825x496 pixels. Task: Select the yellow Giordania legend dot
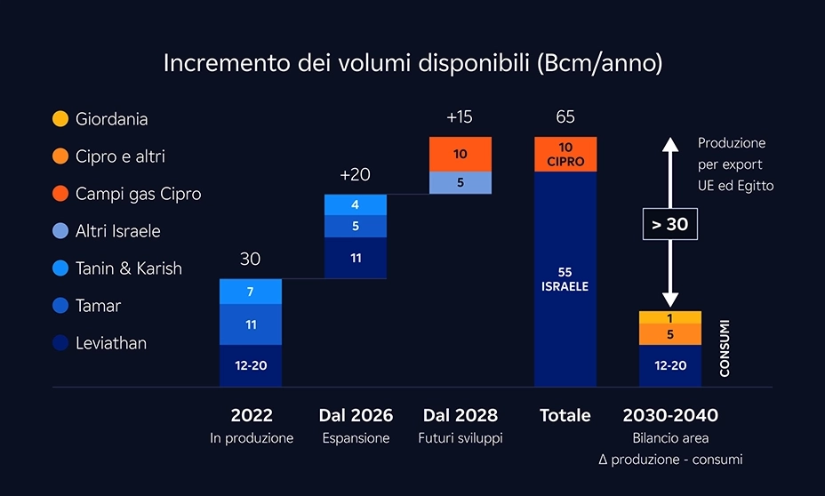(x=60, y=118)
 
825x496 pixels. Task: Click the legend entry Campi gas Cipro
(x=138, y=194)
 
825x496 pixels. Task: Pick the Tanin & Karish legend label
(x=128, y=268)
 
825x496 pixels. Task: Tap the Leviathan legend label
(x=111, y=343)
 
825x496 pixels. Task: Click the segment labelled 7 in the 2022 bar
(x=251, y=292)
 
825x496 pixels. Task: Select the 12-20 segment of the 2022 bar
(x=251, y=365)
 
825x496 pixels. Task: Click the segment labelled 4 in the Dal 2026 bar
(x=356, y=204)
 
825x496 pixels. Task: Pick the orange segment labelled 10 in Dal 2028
(x=461, y=154)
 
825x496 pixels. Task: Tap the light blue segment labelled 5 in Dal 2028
(x=461, y=182)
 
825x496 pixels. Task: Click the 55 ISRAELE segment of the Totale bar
(x=565, y=278)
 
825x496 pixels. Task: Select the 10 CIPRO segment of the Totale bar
(x=565, y=154)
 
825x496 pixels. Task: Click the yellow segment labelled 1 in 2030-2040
(x=670, y=317)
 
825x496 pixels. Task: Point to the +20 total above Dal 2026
(x=356, y=175)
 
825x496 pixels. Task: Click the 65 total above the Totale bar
(x=565, y=117)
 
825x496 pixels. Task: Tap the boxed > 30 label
(x=670, y=224)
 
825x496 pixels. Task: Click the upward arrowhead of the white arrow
(x=670, y=143)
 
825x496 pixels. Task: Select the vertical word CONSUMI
(x=725, y=348)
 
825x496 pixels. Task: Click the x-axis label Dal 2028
(x=461, y=415)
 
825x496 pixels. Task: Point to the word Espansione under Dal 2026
(x=356, y=438)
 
